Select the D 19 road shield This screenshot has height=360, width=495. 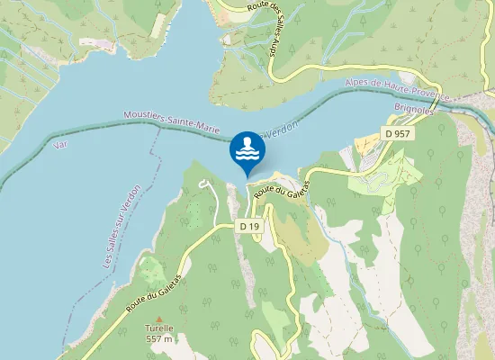pyautogui.click(x=250, y=227)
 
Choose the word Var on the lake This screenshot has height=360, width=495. pyautogui.click(x=60, y=144)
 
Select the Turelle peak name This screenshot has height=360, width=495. pyautogui.click(x=159, y=328)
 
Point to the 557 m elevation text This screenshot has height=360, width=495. pyautogui.click(x=159, y=339)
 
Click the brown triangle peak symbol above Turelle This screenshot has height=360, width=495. pyautogui.click(x=159, y=319)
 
